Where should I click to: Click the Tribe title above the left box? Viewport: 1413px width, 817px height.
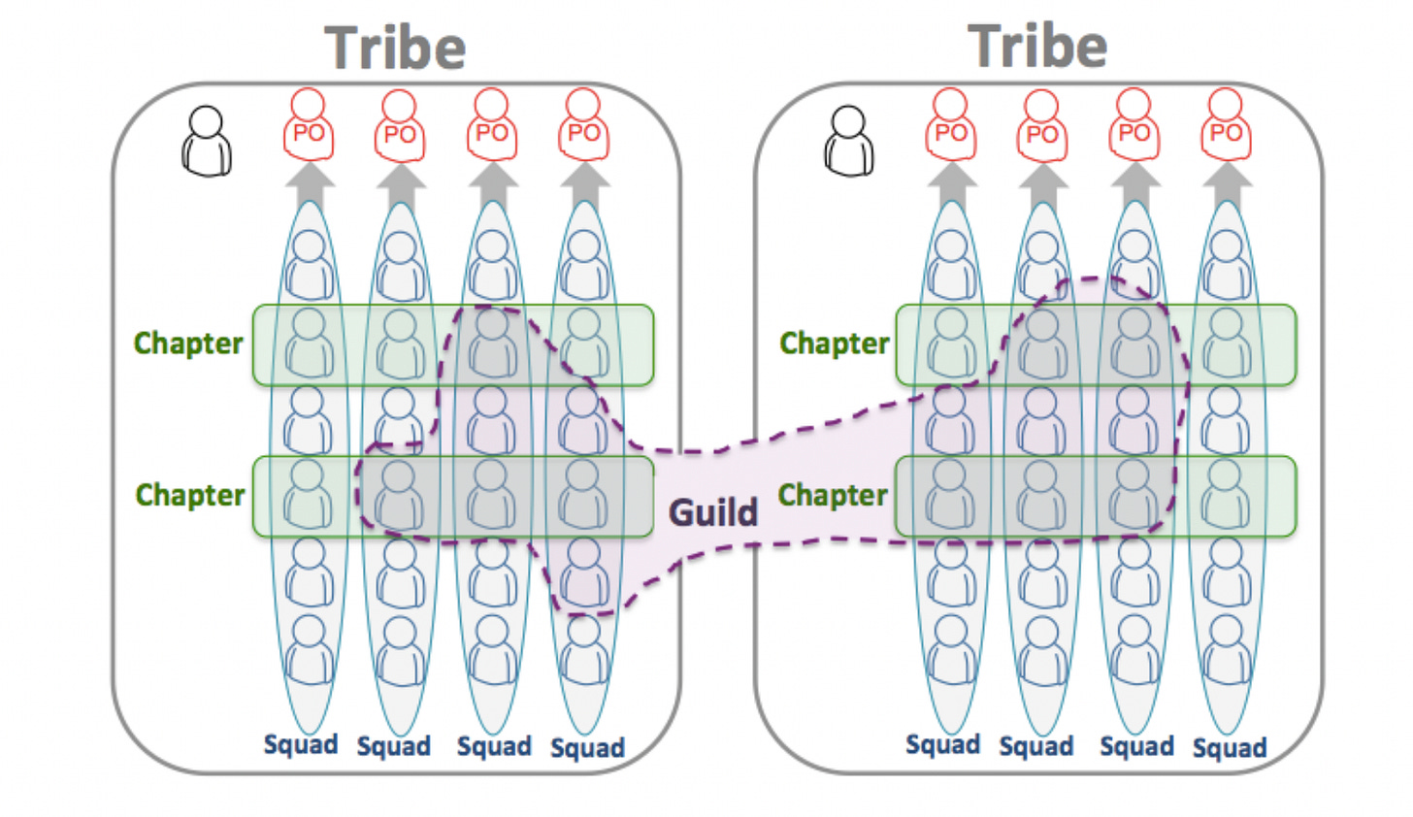pos(395,48)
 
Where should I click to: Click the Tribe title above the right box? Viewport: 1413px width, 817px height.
pos(1037,46)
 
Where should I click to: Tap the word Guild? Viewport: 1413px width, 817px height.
pos(713,511)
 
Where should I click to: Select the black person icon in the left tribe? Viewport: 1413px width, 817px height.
pos(207,141)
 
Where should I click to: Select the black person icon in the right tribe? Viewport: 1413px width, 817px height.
pos(849,141)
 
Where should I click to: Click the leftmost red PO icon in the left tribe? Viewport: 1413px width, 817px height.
pos(309,126)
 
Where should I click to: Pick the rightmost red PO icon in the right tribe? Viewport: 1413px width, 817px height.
pos(1226,126)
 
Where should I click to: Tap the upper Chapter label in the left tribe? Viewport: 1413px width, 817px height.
pos(188,343)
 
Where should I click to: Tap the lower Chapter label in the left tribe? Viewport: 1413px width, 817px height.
pos(190,495)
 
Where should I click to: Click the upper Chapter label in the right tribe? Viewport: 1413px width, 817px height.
pos(835,343)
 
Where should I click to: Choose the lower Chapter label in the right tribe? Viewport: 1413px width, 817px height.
pos(833,495)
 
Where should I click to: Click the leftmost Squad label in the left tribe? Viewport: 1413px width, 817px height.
pos(301,744)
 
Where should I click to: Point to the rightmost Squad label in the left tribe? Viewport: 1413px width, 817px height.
pos(587,748)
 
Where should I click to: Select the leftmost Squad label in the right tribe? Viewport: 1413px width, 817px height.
pos(943,744)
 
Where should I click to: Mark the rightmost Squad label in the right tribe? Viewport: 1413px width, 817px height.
pos(1230,748)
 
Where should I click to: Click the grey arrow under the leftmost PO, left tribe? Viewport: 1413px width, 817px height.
pos(310,182)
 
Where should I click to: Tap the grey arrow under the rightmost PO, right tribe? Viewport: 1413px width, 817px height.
pos(1227,182)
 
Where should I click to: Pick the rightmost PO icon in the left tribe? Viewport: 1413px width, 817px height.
pos(583,126)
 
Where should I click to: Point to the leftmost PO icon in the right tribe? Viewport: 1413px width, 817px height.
pos(950,126)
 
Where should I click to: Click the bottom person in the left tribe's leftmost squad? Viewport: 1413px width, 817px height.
pos(309,650)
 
